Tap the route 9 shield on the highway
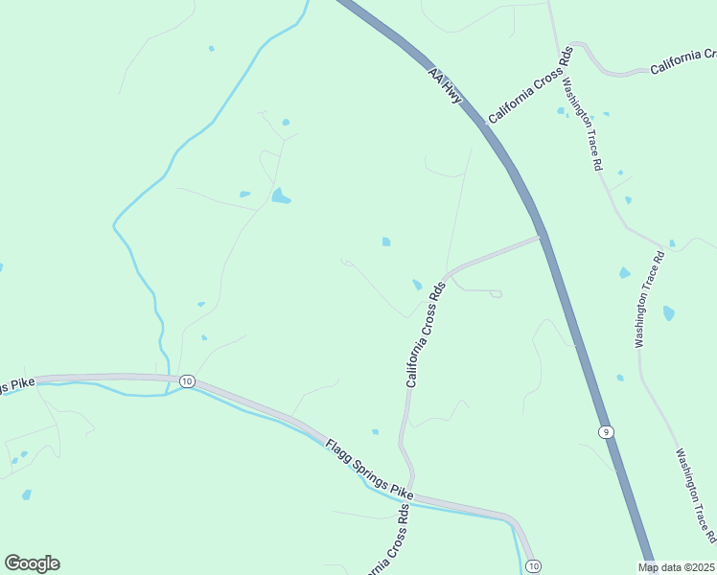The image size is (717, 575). point(607,432)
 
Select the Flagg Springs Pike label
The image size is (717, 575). point(369,469)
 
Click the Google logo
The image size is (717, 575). point(32,563)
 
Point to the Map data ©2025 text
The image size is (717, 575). point(677,567)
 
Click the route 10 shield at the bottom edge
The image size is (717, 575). point(533,565)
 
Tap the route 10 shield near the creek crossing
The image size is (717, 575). point(186,381)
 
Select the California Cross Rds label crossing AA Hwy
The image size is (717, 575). point(530,84)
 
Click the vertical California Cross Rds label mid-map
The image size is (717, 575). point(427,334)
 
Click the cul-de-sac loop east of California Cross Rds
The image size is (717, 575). point(496,293)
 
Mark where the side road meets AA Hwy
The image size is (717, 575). point(541,237)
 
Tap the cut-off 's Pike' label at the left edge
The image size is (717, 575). point(16,385)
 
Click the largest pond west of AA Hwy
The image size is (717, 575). point(280,196)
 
